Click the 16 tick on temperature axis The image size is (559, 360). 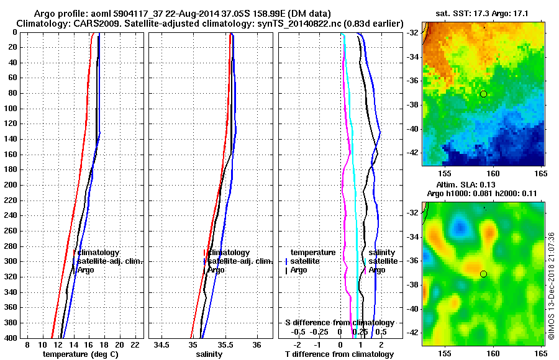pyautogui.click(x=88, y=344)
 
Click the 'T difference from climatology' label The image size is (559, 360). pyautogui.click(x=339, y=354)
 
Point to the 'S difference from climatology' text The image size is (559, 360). pyautogui.click(x=339, y=323)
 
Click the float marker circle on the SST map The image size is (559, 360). pyautogui.click(x=483, y=94)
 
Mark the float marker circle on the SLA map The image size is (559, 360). pyautogui.click(x=483, y=274)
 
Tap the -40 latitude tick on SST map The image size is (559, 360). pyautogui.click(x=414, y=129)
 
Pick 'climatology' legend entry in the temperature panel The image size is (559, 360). pyautogui.click(x=102, y=253)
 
